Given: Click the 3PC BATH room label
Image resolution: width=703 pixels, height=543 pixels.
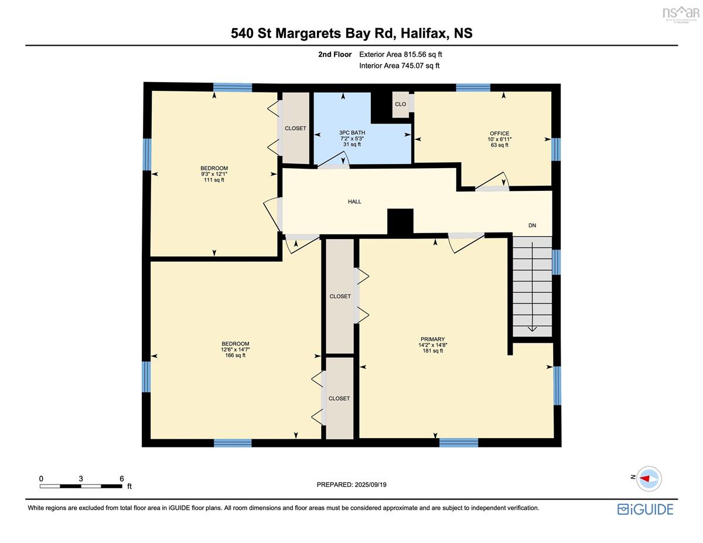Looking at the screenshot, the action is coord(352,132).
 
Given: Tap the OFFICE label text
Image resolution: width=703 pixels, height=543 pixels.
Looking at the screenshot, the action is coord(499,133).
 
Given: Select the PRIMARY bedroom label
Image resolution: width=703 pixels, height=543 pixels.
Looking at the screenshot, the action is coord(432,339).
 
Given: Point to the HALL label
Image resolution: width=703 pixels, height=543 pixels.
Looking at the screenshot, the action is coord(354,202).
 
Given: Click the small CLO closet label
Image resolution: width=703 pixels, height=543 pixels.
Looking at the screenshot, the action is coord(400,104).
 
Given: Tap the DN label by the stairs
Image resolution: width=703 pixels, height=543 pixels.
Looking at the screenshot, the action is coord(532,226).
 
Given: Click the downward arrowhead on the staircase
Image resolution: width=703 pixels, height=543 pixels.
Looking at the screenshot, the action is coord(532,329).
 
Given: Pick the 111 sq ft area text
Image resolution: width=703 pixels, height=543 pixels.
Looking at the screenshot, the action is coord(214,180).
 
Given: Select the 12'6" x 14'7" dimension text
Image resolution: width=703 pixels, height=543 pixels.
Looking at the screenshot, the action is coord(235,349).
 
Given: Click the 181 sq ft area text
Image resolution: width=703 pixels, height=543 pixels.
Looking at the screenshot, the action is coord(432,350).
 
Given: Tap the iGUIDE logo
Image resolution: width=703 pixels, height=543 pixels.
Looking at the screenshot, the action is coord(645,510).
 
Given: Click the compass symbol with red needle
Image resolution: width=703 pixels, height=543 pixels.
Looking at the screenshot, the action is coord(649,479).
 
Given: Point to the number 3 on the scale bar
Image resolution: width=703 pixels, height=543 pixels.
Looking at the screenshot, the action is coord(81,479).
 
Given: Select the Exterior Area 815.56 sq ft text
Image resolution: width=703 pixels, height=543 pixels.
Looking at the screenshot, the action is coord(401,54).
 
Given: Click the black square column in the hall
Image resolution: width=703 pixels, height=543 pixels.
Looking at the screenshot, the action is coord(400,221).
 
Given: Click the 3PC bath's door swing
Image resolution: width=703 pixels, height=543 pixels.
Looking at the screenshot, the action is coord(333,160).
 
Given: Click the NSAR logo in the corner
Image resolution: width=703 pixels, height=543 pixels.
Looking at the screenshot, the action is coord(681,13).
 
